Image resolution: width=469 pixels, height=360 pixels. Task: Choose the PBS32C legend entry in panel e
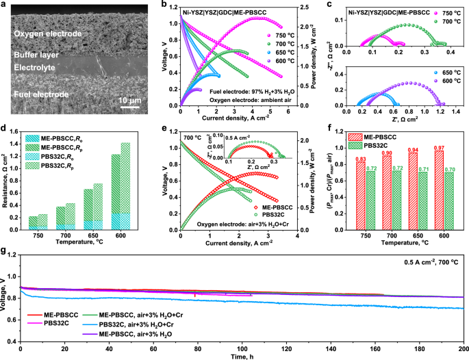pos(265,205)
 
